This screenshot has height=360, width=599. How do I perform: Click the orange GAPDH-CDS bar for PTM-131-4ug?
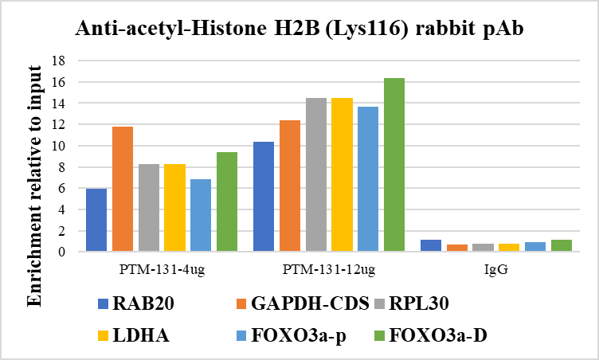tap(123, 189)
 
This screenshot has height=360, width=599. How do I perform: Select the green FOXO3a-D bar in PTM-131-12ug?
tap(394, 165)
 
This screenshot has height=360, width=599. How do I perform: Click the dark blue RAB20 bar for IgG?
tap(431, 245)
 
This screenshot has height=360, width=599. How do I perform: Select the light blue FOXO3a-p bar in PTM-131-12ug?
tap(368, 179)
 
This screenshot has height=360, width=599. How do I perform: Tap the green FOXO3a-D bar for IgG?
tap(562, 245)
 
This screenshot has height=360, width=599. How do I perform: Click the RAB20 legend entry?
tap(143, 303)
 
